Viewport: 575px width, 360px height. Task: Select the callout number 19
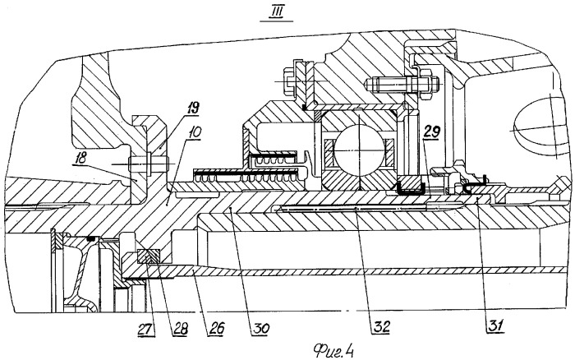pos(192,108)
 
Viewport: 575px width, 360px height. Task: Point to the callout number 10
pos(195,133)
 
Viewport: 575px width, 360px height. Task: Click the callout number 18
pos(80,158)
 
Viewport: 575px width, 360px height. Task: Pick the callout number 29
pos(431,132)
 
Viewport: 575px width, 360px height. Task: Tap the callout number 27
pos(146,329)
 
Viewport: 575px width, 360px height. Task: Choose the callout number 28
pos(180,329)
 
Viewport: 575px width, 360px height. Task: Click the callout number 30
pos(260,329)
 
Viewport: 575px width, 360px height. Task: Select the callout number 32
pos(381,326)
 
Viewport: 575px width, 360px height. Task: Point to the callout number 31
pos(495,325)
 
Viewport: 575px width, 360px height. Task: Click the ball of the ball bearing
pos(360,150)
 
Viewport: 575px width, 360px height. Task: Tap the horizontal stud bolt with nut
pos(402,85)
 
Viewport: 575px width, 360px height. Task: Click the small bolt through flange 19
pos(149,164)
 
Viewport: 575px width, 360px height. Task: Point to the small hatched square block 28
pos(149,256)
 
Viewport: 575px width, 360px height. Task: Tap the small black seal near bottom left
pos(90,239)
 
